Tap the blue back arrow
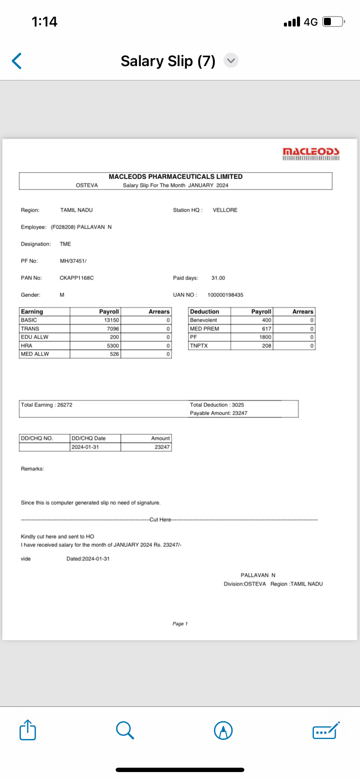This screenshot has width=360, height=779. point(17,61)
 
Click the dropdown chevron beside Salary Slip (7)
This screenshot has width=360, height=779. point(231,60)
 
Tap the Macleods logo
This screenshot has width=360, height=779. point(311,153)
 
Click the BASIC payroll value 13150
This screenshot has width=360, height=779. point(111,320)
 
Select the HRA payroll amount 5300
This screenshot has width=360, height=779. point(113,346)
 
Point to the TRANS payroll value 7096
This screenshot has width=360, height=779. point(113,329)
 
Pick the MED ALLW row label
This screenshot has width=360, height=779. point(35,354)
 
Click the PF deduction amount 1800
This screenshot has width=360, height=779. point(265,337)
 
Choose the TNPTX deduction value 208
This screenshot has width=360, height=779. point(267,346)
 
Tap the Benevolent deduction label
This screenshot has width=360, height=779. point(203,320)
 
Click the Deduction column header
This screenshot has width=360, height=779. point(204,312)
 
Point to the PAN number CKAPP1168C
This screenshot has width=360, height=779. point(77,278)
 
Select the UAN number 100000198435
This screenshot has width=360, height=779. point(225,295)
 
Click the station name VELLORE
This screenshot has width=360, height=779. point(225,210)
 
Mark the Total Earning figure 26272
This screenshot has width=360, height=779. point(65,405)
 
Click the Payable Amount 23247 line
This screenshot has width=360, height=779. point(218,413)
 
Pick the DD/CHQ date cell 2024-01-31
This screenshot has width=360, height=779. point(85,447)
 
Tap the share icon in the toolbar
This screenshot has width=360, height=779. point(28,730)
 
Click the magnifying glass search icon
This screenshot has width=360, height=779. point(125,730)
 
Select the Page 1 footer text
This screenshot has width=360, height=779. point(180,623)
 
